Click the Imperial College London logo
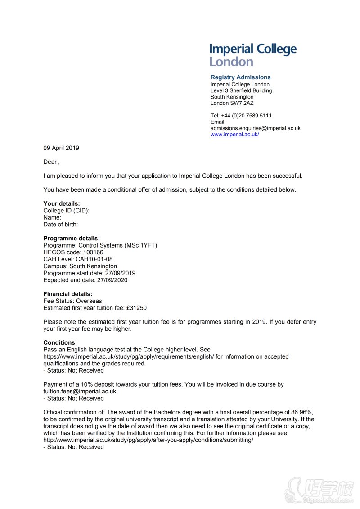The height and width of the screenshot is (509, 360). click(x=253, y=55)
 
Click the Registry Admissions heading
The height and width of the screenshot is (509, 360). click(x=240, y=77)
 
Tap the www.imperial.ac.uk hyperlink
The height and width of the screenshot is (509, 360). click(x=234, y=135)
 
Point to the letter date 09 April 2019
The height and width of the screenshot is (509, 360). click(x=61, y=148)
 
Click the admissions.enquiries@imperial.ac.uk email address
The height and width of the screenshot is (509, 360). click(x=255, y=128)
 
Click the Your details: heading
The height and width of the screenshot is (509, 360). click(x=62, y=204)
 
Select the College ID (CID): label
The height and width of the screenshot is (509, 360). click(x=66, y=211)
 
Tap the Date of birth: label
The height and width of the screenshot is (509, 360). click(x=60, y=225)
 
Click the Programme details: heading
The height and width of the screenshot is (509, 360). click(x=72, y=239)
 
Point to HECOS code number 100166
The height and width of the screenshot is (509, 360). click(x=93, y=252)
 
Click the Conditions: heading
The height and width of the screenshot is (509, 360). click(x=60, y=343)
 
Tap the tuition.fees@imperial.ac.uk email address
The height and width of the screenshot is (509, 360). click(x=80, y=392)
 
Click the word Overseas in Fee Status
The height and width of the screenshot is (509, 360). click(x=89, y=301)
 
